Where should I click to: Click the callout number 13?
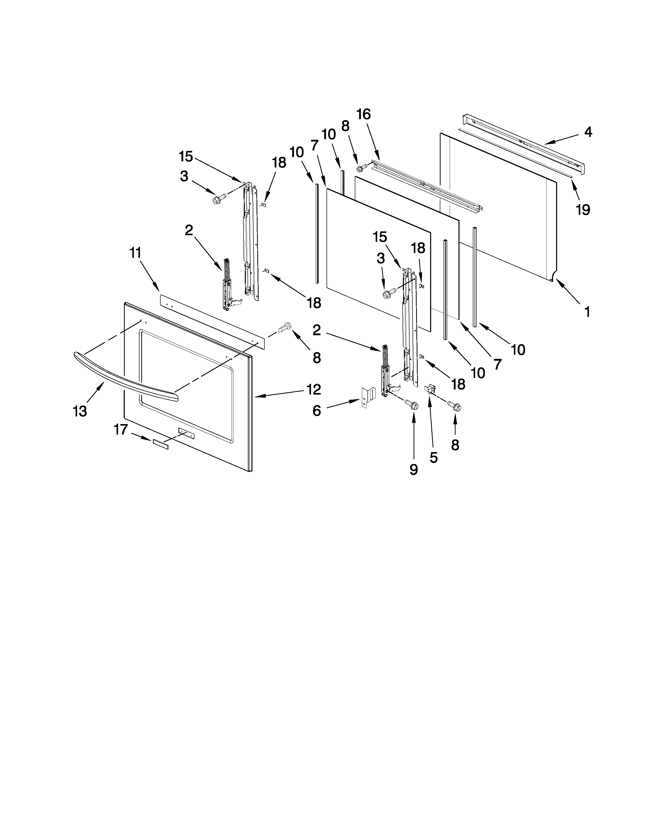80,412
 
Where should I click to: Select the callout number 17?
121,430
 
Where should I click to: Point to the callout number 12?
314,390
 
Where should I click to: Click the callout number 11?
135,253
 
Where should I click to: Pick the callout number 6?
316,411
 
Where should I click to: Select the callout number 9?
414,470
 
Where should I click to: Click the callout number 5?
434,458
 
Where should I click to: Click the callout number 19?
583,210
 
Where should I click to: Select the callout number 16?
363,114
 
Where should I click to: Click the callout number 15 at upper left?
186,157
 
